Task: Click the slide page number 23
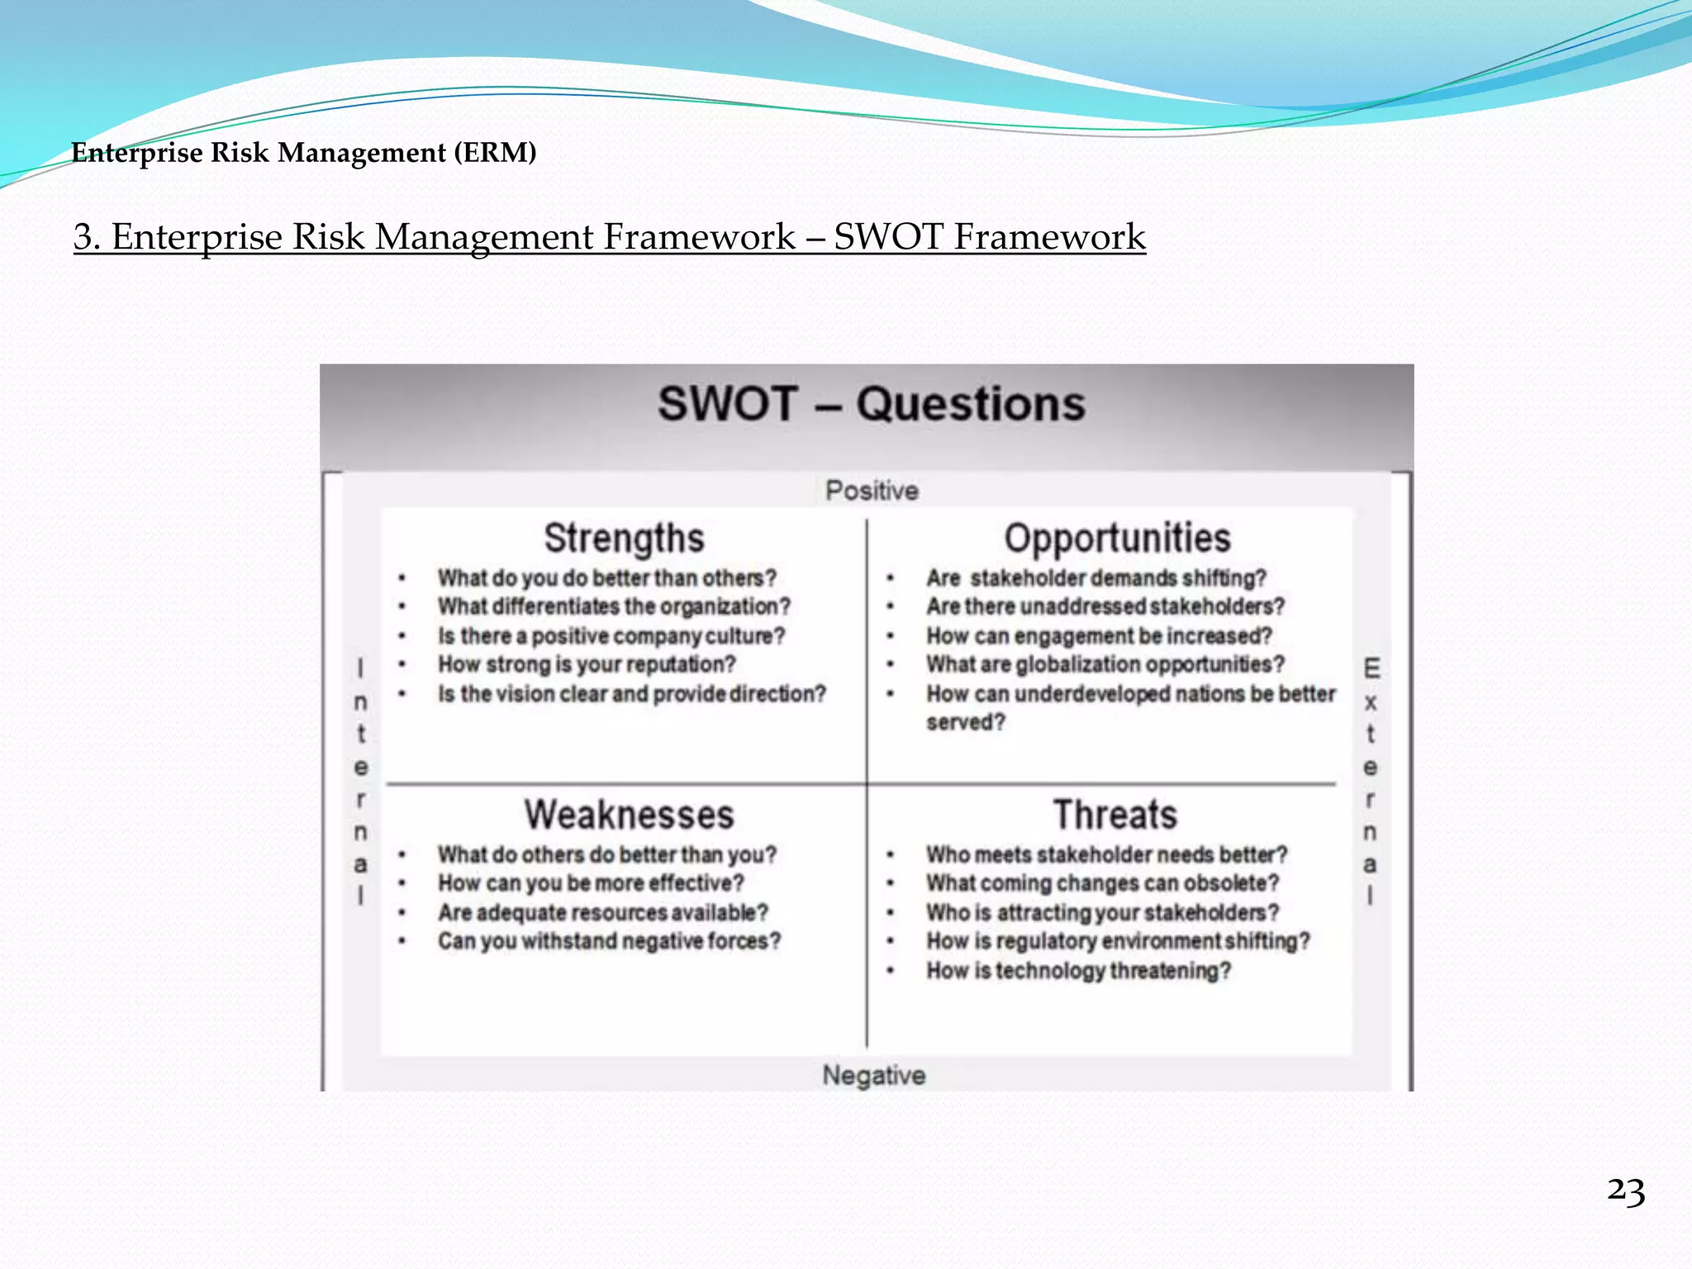coord(1625,1192)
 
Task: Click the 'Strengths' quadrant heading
coord(624,539)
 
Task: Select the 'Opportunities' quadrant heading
coord(1117,539)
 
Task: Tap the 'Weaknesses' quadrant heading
coord(629,815)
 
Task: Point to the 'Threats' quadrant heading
coord(1115,815)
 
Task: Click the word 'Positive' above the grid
coord(872,491)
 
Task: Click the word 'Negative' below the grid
coord(874,1076)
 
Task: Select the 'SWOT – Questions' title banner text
coord(871,405)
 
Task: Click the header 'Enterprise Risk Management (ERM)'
coord(304,153)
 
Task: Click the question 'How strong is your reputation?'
coord(587,665)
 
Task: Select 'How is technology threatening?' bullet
coord(1078,971)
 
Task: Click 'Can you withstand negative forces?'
coord(609,942)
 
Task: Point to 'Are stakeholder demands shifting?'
coord(1096,578)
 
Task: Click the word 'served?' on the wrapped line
coord(965,723)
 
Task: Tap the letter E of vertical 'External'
coord(1371,668)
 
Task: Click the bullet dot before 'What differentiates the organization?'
coord(402,607)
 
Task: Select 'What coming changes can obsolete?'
coord(1102,884)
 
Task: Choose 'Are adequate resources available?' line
coord(603,913)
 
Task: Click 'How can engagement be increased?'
coord(1099,636)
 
